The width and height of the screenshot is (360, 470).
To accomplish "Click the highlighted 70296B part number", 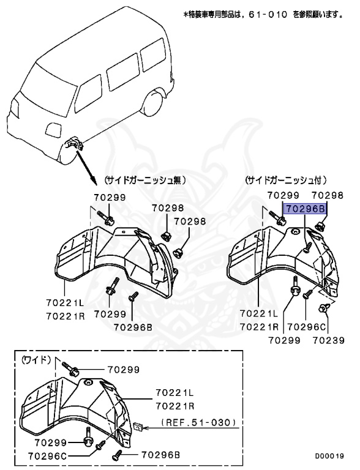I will pyautogui.click(x=304, y=209).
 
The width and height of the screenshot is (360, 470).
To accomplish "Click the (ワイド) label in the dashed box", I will pyautogui.click(x=35, y=360).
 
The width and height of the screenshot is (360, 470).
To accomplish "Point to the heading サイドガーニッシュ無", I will pyautogui.click(x=144, y=181).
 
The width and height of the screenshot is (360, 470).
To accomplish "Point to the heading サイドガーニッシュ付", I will pyautogui.click(x=286, y=181).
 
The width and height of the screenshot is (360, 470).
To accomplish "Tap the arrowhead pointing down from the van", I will pyautogui.click(x=94, y=182).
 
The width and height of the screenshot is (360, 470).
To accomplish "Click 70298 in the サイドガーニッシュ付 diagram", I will pyautogui.click(x=328, y=196).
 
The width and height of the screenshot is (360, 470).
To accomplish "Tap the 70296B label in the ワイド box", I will pyautogui.click(x=161, y=455).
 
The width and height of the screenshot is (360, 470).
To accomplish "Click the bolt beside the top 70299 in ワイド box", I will pyautogui.click(x=69, y=367).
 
